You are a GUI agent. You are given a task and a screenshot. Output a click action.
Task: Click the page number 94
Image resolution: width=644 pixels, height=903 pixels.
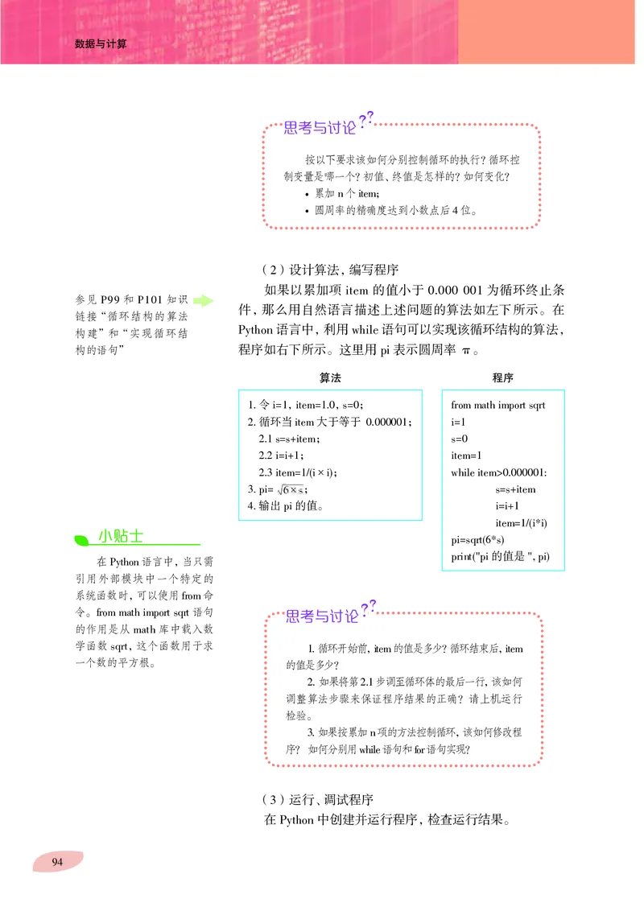pyautogui.click(x=57, y=862)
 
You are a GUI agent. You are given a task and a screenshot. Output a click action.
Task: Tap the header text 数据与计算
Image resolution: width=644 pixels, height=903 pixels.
pyautogui.click(x=101, y=43)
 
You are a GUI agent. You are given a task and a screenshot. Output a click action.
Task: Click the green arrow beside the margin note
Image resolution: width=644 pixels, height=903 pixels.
pyautogui.click(x=203, y=301)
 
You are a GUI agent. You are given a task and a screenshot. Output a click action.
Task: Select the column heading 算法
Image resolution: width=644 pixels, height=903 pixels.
pyautogui.click(x=330, y=377)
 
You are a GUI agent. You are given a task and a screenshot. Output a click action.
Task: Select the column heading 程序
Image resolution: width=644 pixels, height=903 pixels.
pyautogui.click(x=503, y=377)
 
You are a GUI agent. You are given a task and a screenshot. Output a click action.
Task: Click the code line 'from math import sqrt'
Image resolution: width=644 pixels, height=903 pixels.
pyautogui.click(x=498, y=405)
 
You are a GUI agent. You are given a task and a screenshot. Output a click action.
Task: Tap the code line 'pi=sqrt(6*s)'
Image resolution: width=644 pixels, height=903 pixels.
pyautogui.click(x=481, y=540)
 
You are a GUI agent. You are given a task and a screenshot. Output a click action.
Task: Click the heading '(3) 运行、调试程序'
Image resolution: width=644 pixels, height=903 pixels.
pyautogui.click(x=319, y=799)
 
